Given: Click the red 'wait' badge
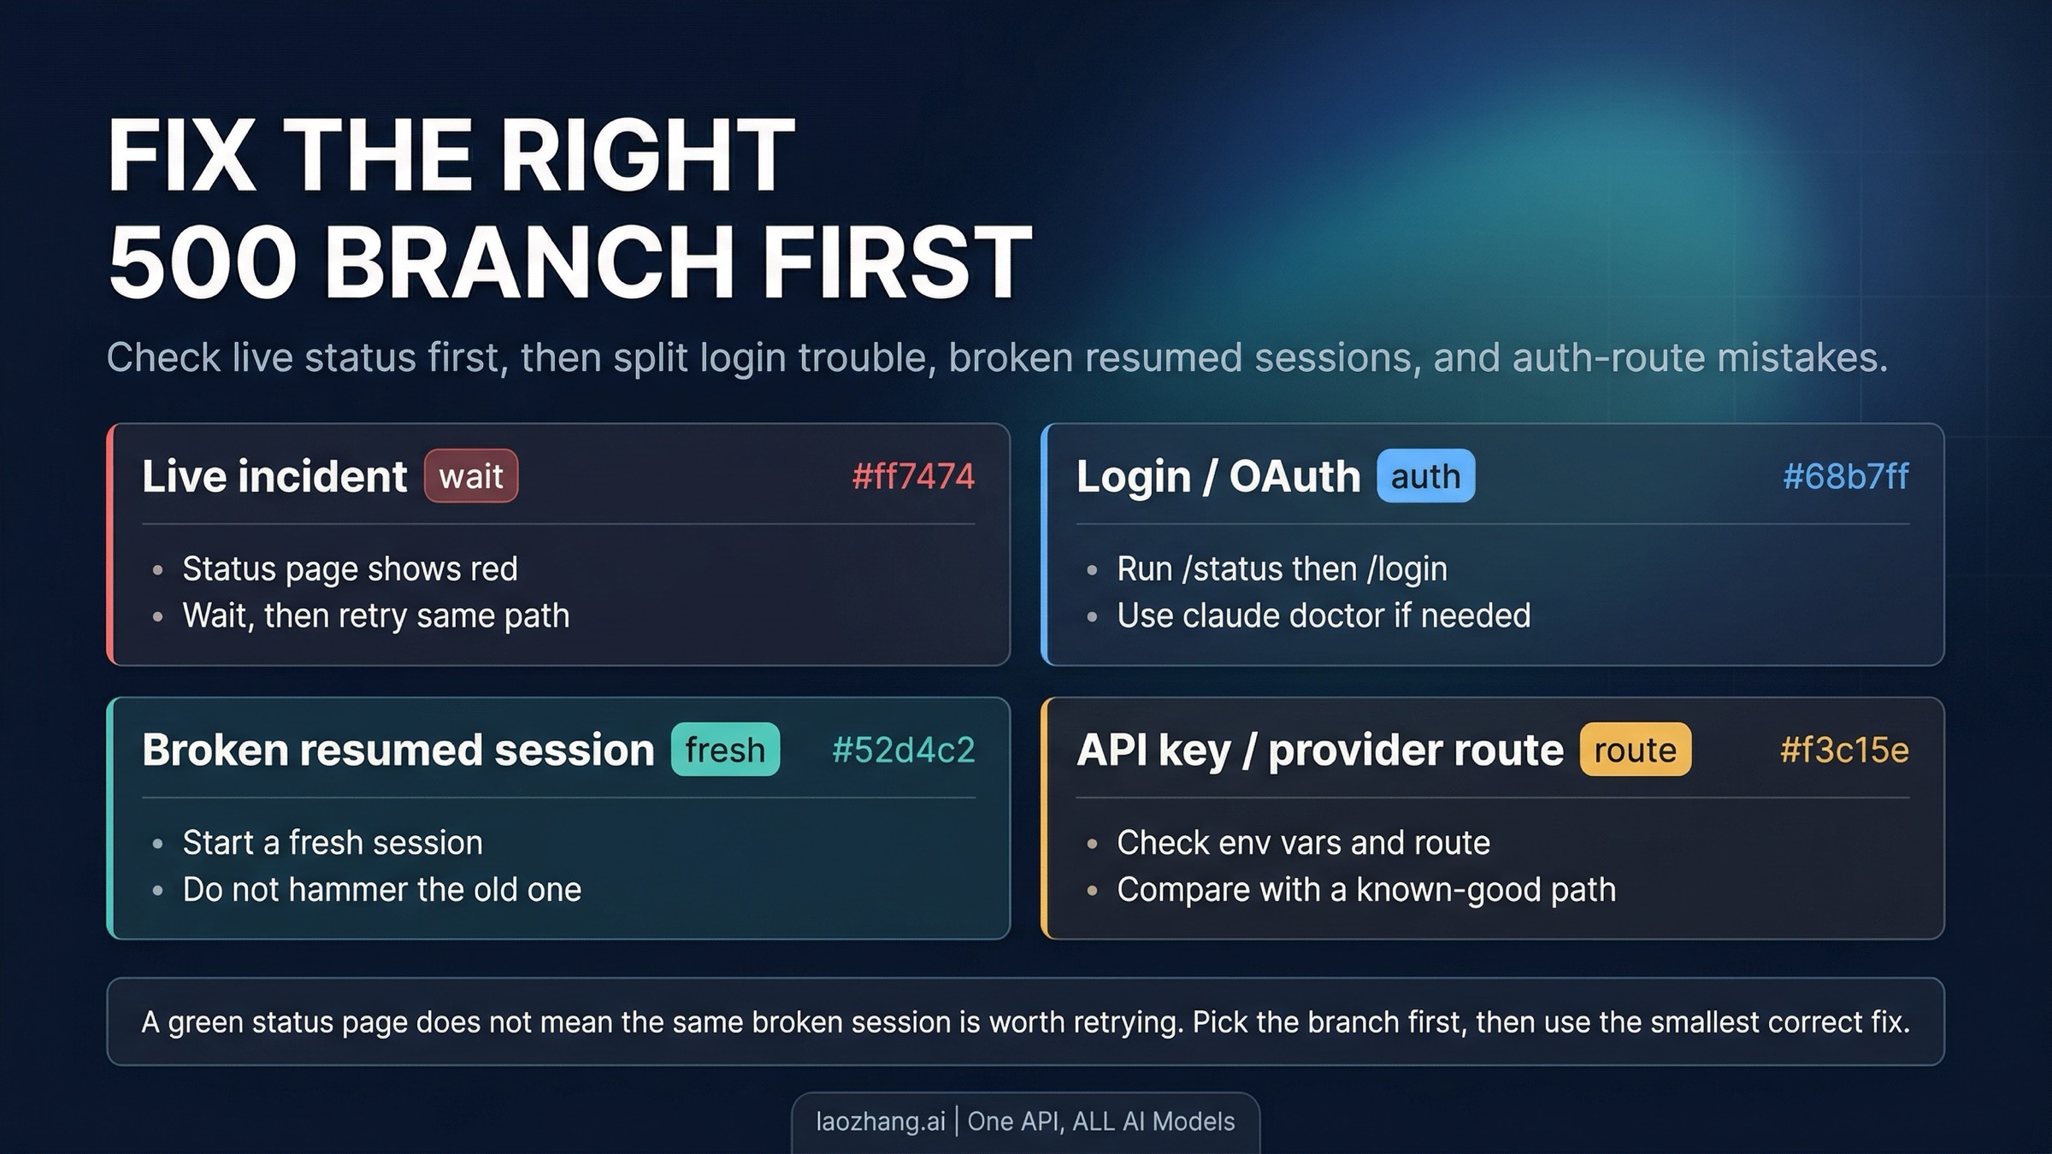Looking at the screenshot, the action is (471, 475).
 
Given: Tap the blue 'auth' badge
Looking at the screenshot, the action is (1425, 475).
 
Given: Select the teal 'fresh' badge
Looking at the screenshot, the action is (725, 749).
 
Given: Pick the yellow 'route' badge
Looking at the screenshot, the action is (1635, 749).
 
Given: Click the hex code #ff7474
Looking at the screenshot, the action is (913, 476).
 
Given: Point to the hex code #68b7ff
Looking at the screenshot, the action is (1845, 476).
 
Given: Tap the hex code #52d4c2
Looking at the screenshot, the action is (903, 750).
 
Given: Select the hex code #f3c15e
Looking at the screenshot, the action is (1844, 750).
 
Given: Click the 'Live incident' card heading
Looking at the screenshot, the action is (274, 476).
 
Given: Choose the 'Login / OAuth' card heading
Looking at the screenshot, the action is (1218, 476).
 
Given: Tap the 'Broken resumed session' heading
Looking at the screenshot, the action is (398, 750).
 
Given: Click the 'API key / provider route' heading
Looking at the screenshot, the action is (1320, 751).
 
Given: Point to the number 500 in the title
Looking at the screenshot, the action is (202, 261).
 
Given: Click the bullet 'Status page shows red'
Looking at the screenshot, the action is (350, 568).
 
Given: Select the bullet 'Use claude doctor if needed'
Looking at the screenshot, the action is (1324, 615).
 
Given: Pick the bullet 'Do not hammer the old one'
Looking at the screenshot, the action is (382, 889).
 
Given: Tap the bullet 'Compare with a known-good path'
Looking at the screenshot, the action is (1366, 890).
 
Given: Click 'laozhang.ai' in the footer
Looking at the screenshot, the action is (881, 1122).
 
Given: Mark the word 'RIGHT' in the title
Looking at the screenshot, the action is (647, 155).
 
